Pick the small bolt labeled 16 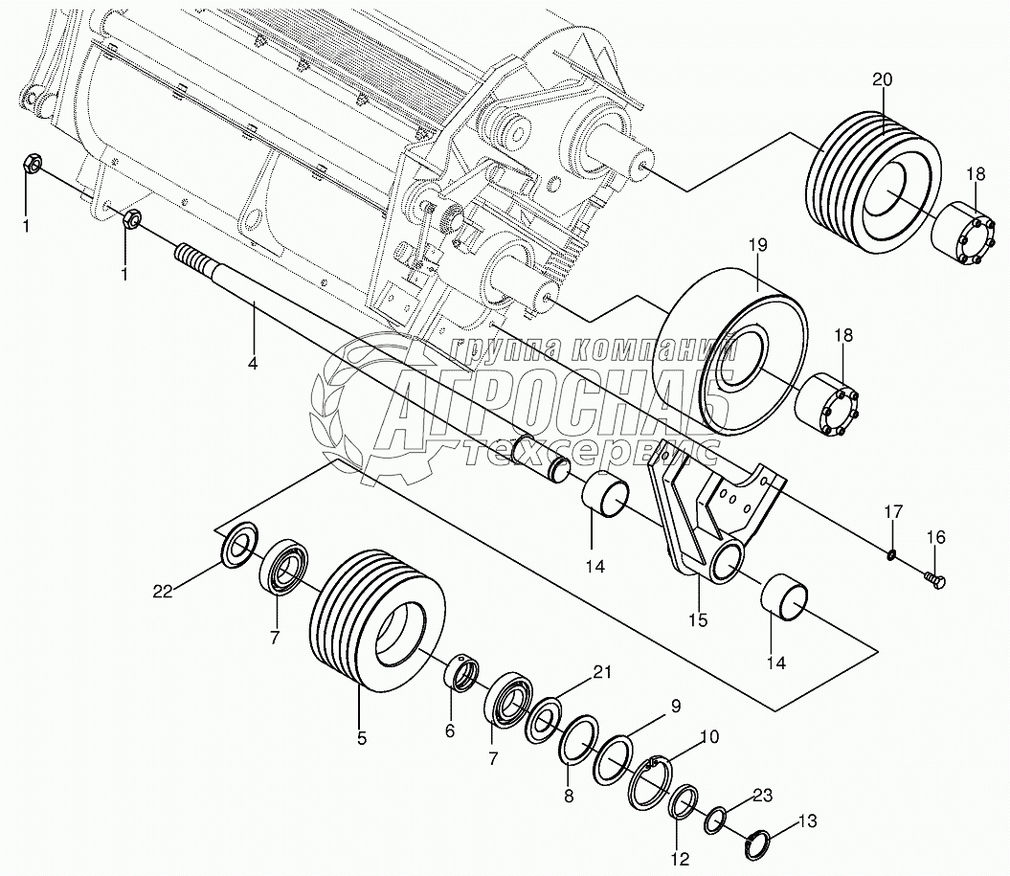[936, 577]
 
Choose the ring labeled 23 [715, 820]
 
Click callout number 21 [600, 672]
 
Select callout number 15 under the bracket [697, 619]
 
